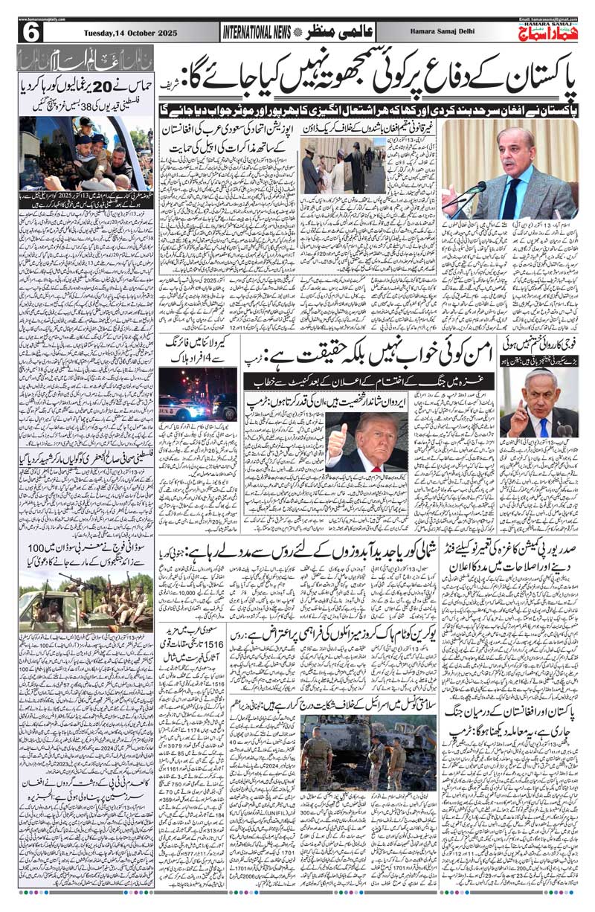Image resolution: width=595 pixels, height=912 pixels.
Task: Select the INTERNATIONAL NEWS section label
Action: [x=257, y=32]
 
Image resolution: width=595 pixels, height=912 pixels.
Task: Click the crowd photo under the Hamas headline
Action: [x=86, y=152]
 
